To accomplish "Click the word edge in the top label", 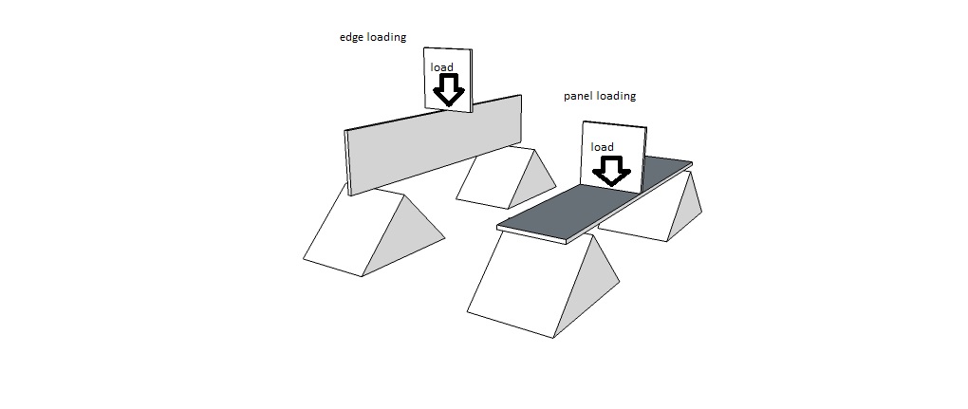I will [352, 37].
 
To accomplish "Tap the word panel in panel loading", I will [579, 96].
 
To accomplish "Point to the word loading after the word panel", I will [616, 96].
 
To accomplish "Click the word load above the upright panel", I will [442, 67].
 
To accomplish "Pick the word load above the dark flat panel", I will [602, 147].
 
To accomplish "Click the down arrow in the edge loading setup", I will [448, 90].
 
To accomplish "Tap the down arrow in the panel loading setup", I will [611, 171].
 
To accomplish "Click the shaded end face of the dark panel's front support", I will [603, 285].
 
